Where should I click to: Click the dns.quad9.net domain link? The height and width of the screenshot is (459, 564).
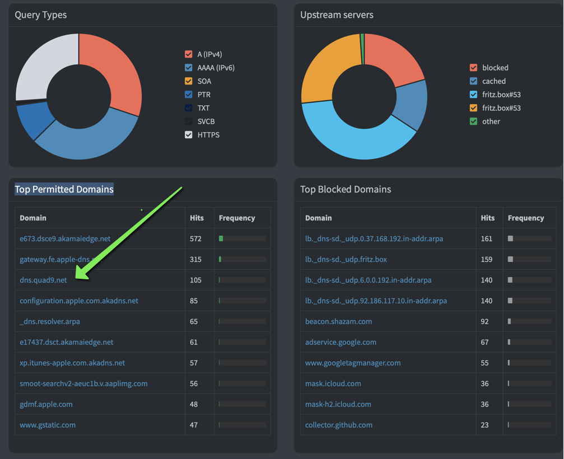pos(43,280)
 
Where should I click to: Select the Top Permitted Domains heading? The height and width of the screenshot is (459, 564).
pos(64,189)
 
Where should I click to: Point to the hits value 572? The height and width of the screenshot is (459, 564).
pos(195,238)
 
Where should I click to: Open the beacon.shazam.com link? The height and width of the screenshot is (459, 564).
pos(338,321)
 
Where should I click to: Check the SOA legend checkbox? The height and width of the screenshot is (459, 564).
pos(189,81)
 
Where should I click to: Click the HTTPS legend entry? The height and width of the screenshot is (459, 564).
pos(208,135)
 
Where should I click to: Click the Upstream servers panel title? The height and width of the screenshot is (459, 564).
pos(337,15)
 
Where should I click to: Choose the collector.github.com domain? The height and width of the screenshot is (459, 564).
pos(338,425)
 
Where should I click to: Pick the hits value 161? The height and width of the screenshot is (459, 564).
pos(487,238)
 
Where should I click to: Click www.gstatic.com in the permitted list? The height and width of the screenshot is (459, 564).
pos(48,425)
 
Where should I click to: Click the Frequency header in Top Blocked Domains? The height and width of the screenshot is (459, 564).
pos(526,218)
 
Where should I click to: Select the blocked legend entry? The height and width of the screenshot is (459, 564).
pos(495,68)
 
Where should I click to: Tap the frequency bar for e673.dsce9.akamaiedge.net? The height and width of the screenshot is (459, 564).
pos(242,238)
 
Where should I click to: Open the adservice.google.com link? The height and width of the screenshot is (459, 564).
pos(341,342)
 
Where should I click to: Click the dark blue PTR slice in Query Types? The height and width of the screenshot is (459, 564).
pos(35,120)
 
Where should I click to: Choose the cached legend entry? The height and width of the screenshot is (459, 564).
pos(494,81)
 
